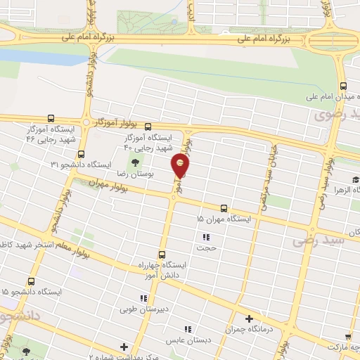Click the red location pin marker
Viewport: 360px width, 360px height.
(181, 167)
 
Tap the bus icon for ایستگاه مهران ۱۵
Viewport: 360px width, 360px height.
(224, 208)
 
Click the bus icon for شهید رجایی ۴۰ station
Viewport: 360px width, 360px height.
(148, 127)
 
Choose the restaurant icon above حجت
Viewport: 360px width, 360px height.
(206, 238)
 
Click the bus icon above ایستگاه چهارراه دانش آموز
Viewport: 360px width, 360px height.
(162, 254)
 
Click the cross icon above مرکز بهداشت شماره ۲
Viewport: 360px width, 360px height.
(124, 346)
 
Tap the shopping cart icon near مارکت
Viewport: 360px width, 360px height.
(348, 336)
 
